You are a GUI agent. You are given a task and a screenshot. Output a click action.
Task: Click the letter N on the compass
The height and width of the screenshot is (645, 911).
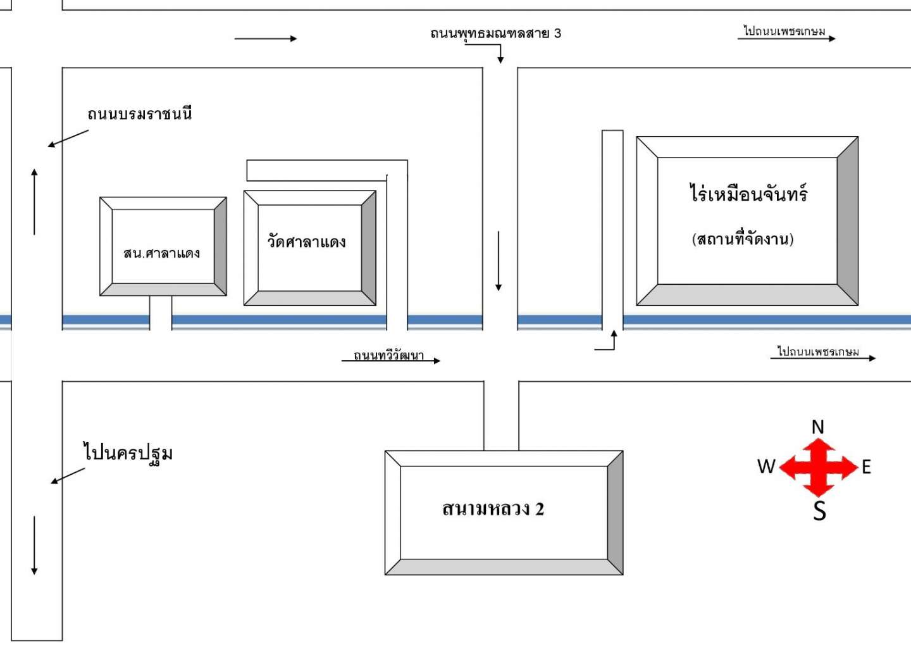pos(818,427)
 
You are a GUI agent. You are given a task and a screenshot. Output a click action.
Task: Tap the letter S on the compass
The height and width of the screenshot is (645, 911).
pos(819,510)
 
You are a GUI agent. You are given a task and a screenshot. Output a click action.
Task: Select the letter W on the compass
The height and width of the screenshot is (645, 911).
pos(766,467)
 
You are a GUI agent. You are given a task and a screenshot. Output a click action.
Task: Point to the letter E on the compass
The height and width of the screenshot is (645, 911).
pos(866,467)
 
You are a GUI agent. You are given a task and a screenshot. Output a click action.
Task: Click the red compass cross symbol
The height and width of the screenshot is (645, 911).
pos(819,467)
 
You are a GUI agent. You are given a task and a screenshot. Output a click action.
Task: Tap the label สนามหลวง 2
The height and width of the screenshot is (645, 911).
pos(493,509)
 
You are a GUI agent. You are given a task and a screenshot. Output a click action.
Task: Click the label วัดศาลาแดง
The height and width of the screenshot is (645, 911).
pos(306,241)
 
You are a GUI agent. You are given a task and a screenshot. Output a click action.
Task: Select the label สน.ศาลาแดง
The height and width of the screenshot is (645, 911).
pos(161,253)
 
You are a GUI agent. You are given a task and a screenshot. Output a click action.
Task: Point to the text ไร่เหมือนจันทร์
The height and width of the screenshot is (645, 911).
pos(748,193)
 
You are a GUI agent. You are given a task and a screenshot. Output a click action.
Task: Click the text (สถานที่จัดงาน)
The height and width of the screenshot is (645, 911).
pos(743,239)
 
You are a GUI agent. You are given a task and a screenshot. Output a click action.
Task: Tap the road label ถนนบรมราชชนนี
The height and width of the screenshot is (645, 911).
pos(140,114)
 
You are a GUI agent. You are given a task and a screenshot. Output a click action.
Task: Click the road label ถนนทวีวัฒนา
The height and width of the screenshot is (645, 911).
pos(388,356)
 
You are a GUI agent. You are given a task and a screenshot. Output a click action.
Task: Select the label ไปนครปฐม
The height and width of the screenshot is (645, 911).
pos(128,453)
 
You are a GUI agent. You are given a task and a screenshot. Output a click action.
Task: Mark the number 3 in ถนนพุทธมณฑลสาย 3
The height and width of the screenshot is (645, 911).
pos(557,33)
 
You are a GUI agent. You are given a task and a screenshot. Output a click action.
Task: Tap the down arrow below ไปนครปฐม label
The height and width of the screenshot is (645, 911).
pos(34,545)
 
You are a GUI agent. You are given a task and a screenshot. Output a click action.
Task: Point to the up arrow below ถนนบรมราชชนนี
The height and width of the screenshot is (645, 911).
pos(34,201)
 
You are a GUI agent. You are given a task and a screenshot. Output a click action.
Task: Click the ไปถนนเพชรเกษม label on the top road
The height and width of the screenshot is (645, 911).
pos(784,31)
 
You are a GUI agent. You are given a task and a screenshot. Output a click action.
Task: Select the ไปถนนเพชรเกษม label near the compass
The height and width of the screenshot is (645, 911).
pos(818,351)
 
